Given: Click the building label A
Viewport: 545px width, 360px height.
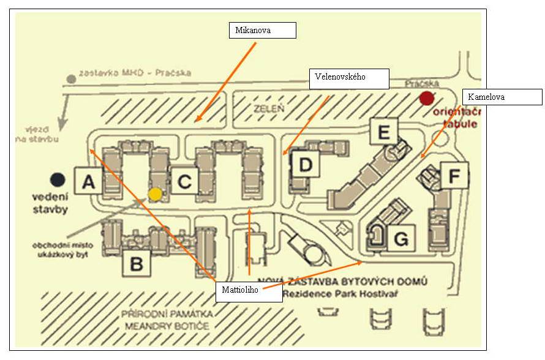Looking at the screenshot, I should point(88,181).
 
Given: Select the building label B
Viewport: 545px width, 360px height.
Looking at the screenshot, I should point(137,264).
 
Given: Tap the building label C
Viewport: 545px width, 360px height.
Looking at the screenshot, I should point(184,181).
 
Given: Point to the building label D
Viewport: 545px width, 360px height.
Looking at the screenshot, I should point(306,165).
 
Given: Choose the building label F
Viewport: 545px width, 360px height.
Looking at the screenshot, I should point(453,176).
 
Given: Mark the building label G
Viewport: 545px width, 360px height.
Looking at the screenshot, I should point(400,239).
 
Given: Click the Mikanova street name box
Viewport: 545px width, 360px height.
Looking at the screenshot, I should point(262,30).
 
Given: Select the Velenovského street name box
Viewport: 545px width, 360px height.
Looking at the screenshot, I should point(349,78).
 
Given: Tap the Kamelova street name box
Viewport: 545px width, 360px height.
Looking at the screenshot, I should point(502,97).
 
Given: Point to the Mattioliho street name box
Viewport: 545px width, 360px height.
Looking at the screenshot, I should point(249,293).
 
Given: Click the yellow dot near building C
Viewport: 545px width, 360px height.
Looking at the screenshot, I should point(156,194).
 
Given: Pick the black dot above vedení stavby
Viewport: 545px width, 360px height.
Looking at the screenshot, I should point(58,179).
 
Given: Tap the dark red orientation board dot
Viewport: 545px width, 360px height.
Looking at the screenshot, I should point(426,98).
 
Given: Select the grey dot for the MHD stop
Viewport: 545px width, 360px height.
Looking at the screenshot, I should point(72,78).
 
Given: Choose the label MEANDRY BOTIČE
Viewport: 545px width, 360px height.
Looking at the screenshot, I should point(167,326).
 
